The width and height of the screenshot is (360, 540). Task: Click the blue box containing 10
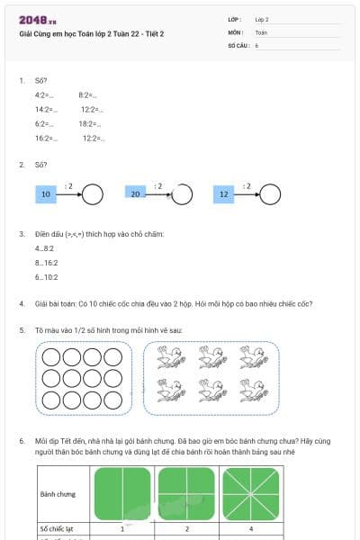pos(45,193)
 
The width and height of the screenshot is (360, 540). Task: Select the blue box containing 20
pos(136,193)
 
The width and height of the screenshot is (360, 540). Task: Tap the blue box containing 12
pos(224,193)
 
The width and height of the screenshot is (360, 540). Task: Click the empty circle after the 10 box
pos(93,193)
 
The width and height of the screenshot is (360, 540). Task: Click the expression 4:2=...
pos(44,94)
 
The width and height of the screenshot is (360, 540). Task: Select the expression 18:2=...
pos(88,123)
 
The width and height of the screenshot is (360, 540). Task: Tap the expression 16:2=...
pos(45,138)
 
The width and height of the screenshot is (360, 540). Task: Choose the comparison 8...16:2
pos(47,263)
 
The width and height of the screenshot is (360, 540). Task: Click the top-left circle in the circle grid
pos(52,358)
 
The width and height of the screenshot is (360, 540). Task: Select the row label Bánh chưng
pos(58,493)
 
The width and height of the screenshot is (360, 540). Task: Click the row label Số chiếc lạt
pos(56,529)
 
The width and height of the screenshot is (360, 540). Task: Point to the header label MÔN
pos(236,31)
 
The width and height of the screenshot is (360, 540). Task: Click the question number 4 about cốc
pos(22,303)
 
